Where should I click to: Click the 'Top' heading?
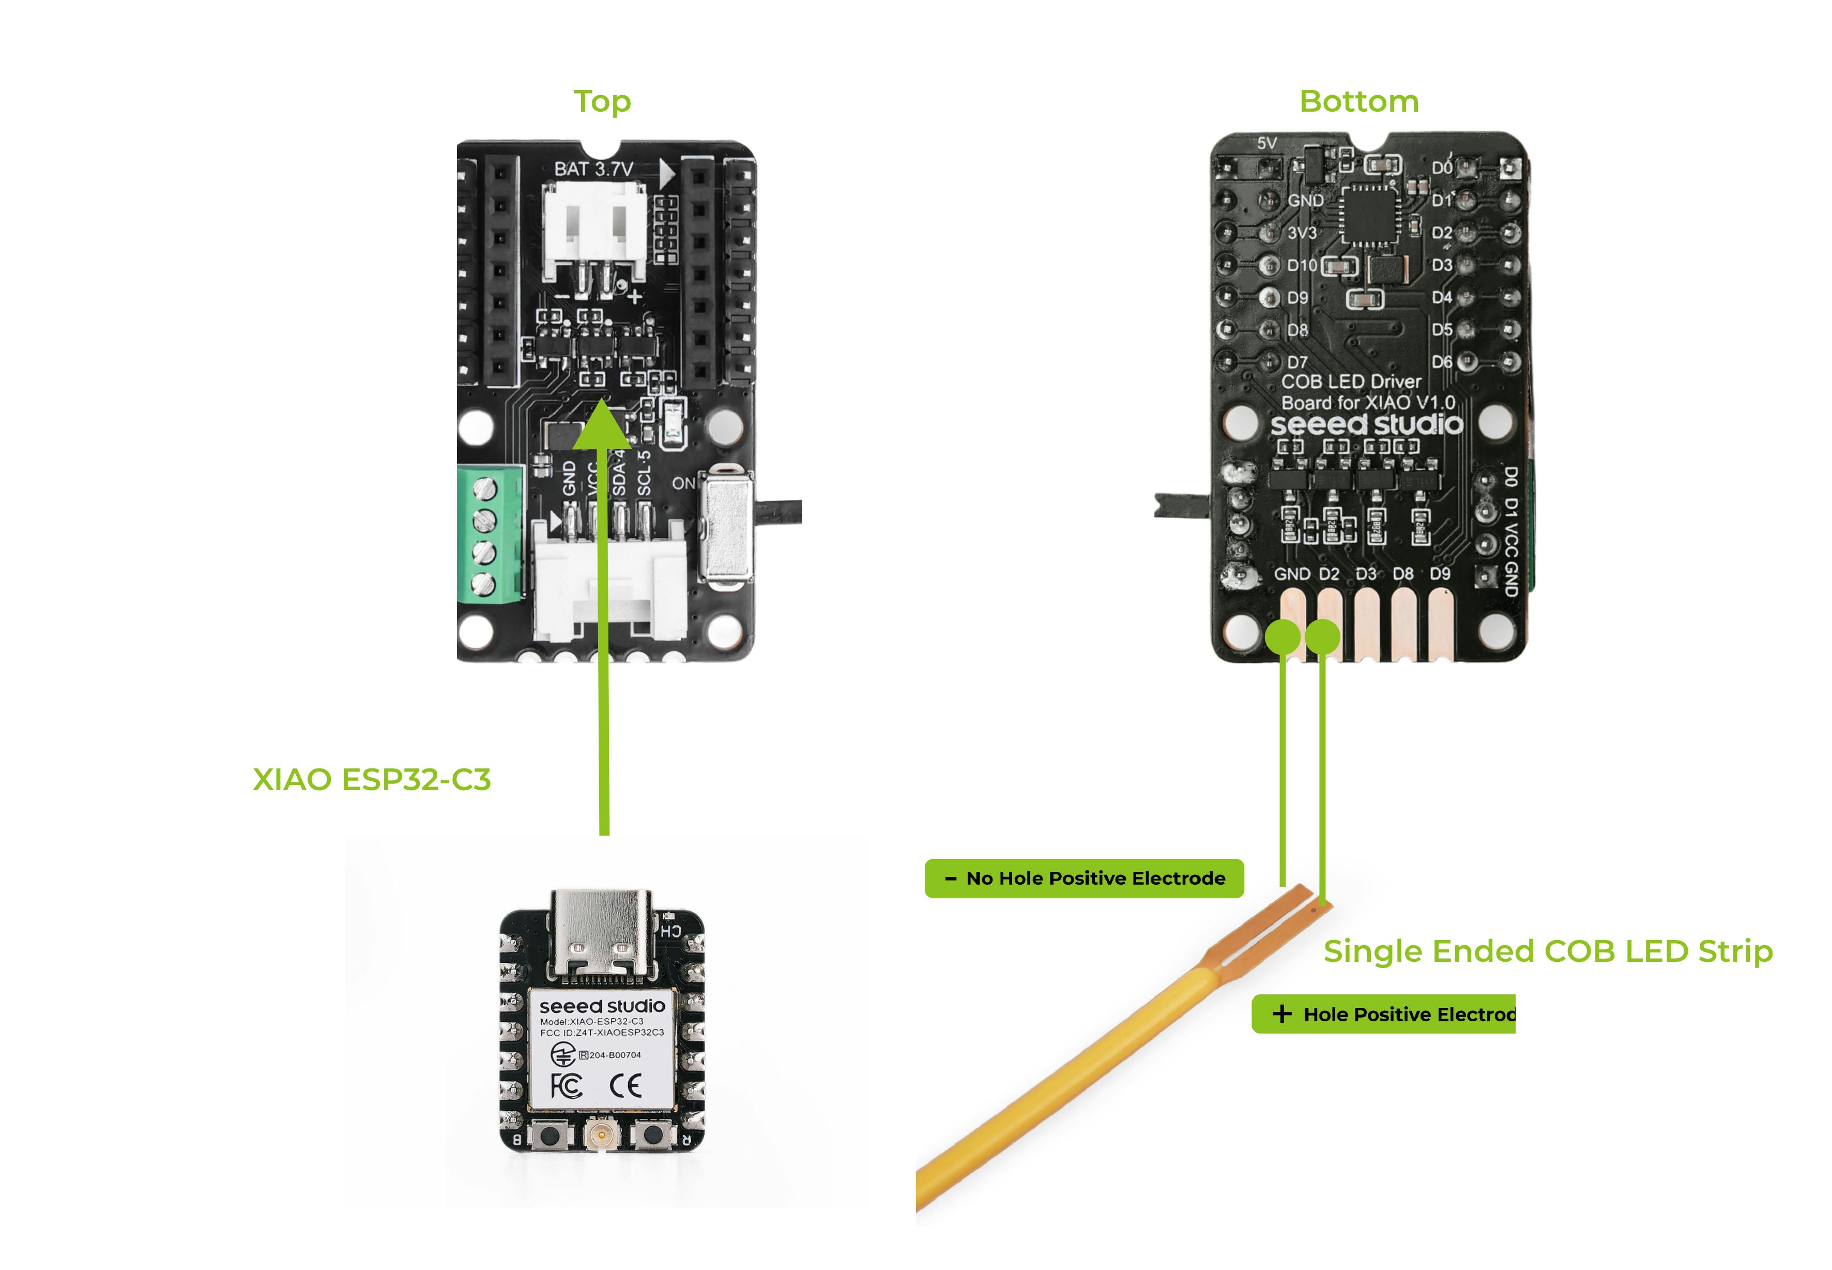tap(602, 102)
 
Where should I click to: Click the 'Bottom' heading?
tap(1358, 102)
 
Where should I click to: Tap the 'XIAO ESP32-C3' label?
tap(372, 780)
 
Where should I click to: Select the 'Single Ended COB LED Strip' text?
tap(1547, 951)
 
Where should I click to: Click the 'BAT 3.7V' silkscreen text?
tap(593, 169)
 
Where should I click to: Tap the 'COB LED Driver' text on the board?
tap(1351, 382)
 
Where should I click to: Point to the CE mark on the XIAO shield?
tap(625, 1085)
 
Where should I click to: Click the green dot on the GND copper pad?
tap(1283, 637)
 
